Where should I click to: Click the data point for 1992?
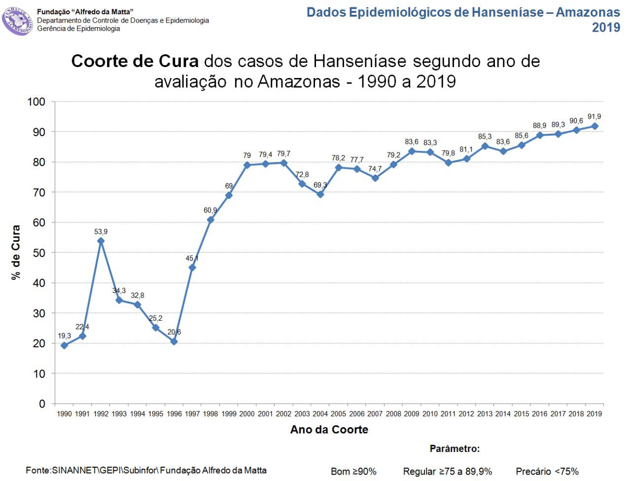coord(101,241)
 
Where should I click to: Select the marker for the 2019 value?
coord(595,126)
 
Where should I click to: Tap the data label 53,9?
coord(101,231)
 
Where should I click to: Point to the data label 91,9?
coord(595,117)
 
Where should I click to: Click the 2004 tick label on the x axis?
coord(320,414)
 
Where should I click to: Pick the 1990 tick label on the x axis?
coord(64,414)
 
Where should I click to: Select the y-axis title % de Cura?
coord(16,252)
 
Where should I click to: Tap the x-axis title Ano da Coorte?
coord(329,430)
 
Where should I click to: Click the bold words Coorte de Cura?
coord(135,62)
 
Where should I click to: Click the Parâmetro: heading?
coord(455,449)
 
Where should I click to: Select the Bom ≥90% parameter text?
coord(353,472)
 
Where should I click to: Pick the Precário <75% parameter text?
coord(547,472)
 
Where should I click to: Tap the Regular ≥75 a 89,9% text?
coord(448,472)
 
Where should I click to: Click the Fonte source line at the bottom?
coord(146,470)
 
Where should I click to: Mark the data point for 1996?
coord(174,341)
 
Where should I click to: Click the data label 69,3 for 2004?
coord(320,185)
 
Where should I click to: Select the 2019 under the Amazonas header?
coord(606,28)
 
